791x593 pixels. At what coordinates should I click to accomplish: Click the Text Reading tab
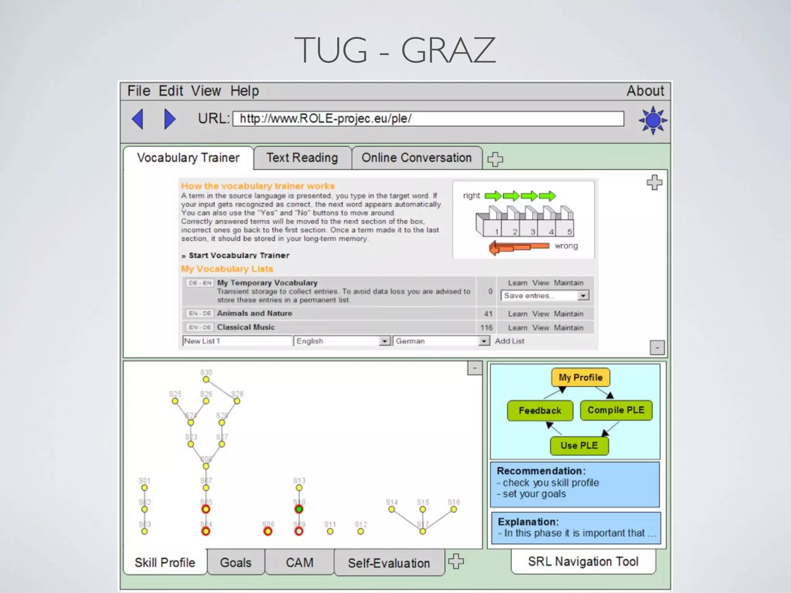[302, 158]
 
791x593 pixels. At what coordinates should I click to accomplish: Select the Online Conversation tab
[416, 158]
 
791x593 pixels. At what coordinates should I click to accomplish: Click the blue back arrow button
[138, 119]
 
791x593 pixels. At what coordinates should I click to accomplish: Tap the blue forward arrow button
[170, 119]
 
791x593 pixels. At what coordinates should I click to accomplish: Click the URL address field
[428, 119]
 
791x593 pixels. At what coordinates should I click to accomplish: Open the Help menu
[244, 91]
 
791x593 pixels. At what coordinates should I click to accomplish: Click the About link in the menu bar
[645, 91]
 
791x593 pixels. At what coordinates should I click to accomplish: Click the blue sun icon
[653, 120]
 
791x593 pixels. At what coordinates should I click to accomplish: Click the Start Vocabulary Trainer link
[239, 256]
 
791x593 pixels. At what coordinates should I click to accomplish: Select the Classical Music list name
[246, 327]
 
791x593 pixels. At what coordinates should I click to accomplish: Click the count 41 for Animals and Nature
[488, 314]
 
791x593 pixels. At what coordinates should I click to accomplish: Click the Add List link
[509, 341]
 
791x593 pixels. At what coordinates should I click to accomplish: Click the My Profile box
[581, 378]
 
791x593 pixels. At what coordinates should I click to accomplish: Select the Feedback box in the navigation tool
[540, 410]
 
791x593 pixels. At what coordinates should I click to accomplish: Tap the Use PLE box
[579, 446]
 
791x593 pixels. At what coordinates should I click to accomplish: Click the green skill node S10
[299, 509]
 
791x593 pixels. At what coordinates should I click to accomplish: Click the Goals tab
[236, 563]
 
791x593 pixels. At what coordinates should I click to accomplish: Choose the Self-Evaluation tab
[389, 563]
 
